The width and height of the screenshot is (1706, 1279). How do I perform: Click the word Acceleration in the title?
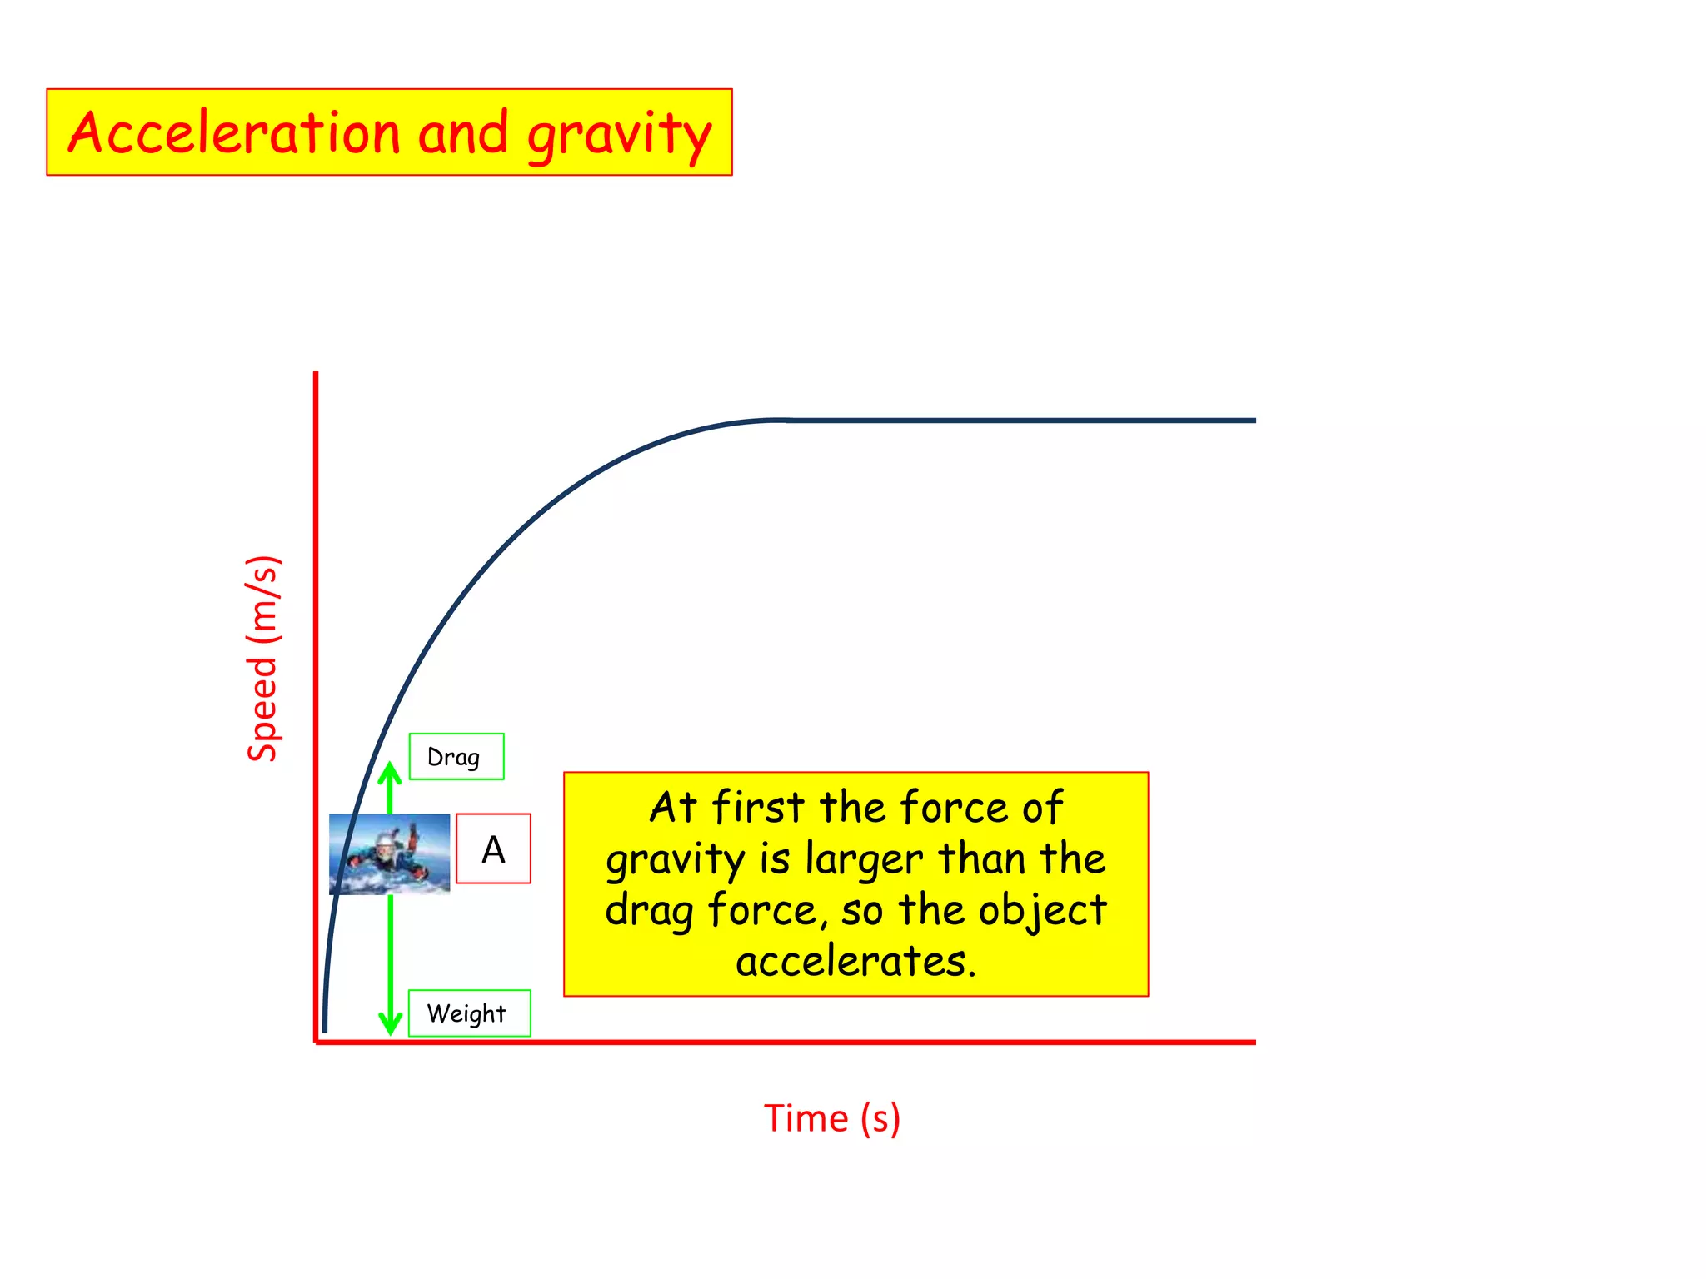click(234, 133)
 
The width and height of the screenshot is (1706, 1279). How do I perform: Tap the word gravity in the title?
click(619, 135)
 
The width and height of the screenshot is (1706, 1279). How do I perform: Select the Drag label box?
click(456, 757)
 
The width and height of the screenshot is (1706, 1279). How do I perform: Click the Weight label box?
click(468, 1013)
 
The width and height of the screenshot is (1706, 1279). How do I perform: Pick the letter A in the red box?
click(493, 849)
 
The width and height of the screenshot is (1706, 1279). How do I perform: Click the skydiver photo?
click(389, 854)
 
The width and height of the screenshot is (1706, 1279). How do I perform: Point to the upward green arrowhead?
click(390, 773)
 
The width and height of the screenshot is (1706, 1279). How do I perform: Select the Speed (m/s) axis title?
click(263, 658)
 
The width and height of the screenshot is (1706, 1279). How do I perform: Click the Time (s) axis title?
click(831, 1118)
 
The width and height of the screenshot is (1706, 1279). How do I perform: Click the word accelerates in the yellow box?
click(855, 961)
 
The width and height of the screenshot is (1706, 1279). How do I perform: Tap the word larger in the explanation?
click(864, 859)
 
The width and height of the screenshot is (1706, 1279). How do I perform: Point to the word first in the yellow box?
click(758, 807)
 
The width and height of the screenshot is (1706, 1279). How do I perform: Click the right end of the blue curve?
click(1253, 421)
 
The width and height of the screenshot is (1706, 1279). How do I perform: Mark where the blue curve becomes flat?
click(783, 421)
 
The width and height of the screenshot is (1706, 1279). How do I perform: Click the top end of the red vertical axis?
click(316, 375)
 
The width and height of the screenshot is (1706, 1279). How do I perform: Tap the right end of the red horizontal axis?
click(1253, 1042)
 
